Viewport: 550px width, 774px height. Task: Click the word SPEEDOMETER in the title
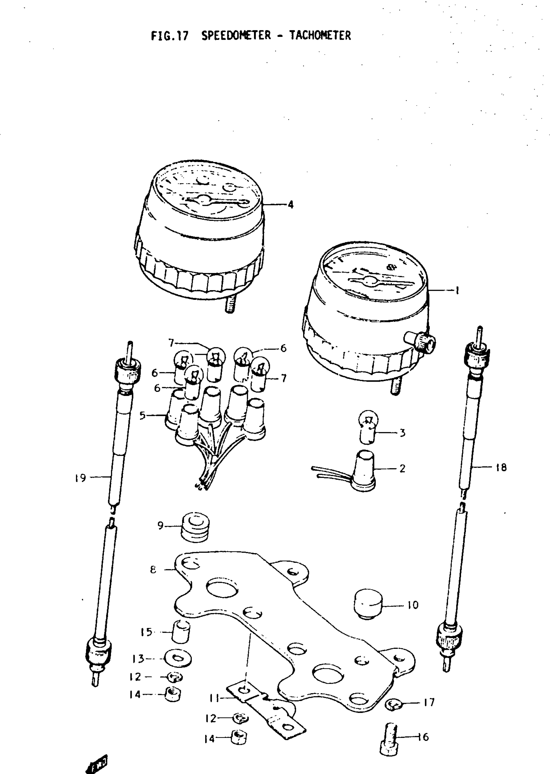[236, 36]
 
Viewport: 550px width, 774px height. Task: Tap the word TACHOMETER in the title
[320, 36]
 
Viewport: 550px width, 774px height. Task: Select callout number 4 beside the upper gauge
[291, 205]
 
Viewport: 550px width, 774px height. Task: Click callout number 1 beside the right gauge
[457, 290]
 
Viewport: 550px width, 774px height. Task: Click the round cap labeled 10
[368, 605]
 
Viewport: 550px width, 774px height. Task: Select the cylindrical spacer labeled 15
[181, 631]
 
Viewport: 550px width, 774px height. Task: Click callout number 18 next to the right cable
[501, 468]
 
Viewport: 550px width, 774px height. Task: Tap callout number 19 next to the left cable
[81, 478]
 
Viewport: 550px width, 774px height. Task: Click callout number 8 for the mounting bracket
[153, 570]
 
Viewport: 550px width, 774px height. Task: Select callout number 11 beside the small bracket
[214, 698]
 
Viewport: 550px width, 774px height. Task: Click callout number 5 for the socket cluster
[143, 415]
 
